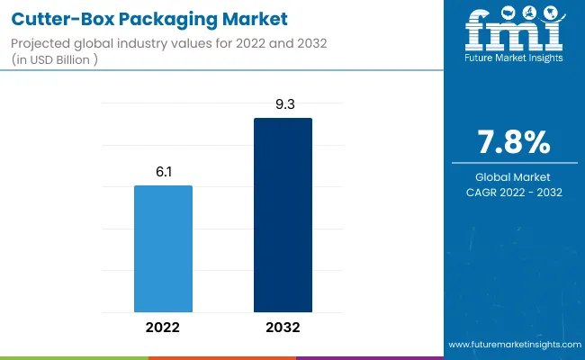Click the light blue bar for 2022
pos(163,248)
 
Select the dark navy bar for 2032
pos(283,215)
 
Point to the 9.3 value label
pos(283,104)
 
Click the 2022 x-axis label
pos(163,328)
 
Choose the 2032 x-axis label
pos(283,328)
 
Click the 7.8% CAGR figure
pos(514,142)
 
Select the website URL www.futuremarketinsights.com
pos(514,345)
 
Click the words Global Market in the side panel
pos(514,176)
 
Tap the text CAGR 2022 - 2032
pos(514,193)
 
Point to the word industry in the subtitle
pos(143,44)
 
